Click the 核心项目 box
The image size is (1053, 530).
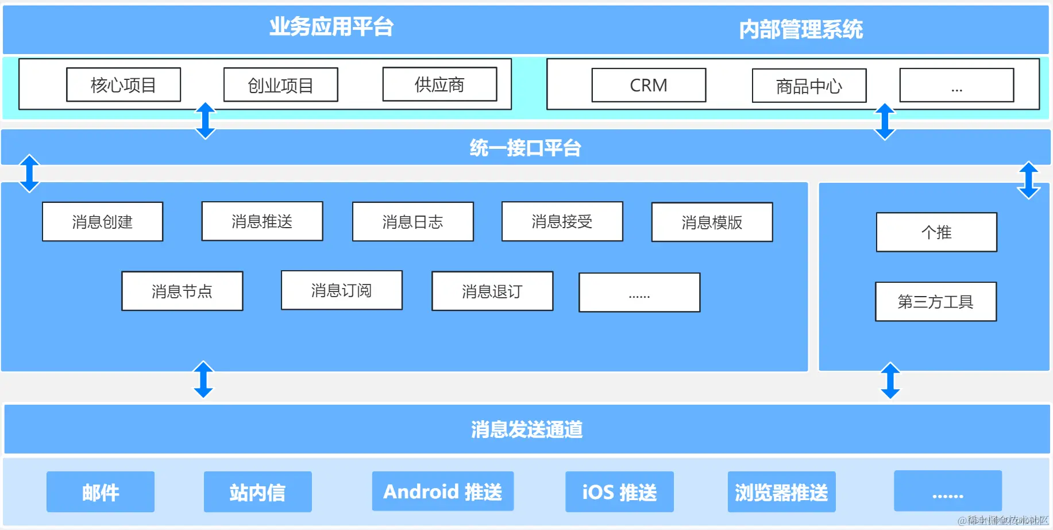(x=124, y=85)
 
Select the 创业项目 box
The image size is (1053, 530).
(x=280, y=85)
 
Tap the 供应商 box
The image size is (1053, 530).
(x=439, y=84)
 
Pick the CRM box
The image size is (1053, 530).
(x=649, y=85)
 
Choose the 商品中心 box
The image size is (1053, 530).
(x=809, y=86)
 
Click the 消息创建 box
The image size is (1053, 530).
(x=102, y=221)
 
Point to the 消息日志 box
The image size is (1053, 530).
(x=412, y=221)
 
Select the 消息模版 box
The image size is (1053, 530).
(x=712, y=222)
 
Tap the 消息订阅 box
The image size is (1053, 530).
(x=341, y=290)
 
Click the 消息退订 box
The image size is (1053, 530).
(x=492, y=291)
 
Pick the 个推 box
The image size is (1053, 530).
(x=936, y=232)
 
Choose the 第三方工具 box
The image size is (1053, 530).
(x=935, y=301)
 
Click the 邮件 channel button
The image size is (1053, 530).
(x=101, y=492)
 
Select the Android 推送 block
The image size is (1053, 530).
(x=442, y=491)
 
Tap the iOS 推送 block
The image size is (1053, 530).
(x=619, y=492)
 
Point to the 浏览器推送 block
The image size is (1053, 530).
(x=781, y=492)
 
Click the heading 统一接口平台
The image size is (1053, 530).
(x=525, y=148)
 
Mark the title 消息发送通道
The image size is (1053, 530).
(x=527, y=429)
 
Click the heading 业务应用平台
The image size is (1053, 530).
(x=331, y=27)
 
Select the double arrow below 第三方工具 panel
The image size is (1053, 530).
(x=890, y=381)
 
